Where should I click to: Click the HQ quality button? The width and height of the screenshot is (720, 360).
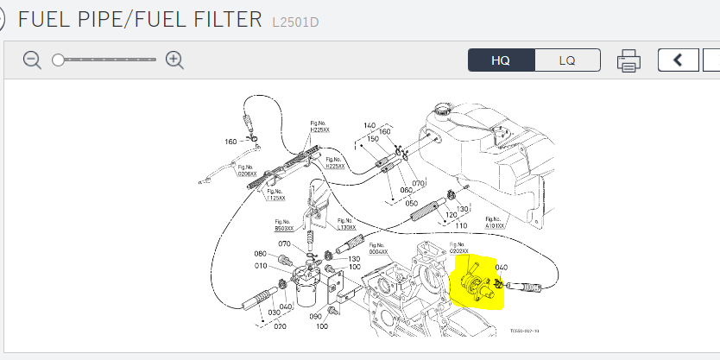click(502, 60)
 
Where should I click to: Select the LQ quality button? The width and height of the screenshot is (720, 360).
click(567, 60)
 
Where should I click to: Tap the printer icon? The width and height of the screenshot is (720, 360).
click(628, 60)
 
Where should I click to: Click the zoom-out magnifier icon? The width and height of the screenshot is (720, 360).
click(32, 60)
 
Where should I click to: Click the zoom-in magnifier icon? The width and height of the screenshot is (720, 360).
click(174, 60)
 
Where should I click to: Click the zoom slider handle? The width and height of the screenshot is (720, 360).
click(59, 60)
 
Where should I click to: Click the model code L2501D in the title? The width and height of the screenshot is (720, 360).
click(295, 21)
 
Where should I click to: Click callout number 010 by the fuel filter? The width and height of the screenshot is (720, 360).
click(260, 267)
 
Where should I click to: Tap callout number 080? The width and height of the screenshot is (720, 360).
click(260, 254)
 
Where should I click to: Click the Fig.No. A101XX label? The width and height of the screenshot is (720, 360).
click(496, 222)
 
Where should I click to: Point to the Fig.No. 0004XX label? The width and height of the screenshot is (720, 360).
click(378, 248)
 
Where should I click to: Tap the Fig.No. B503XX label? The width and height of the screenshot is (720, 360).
click(284, 226)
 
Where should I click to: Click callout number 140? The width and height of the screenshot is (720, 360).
click(369, 125)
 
